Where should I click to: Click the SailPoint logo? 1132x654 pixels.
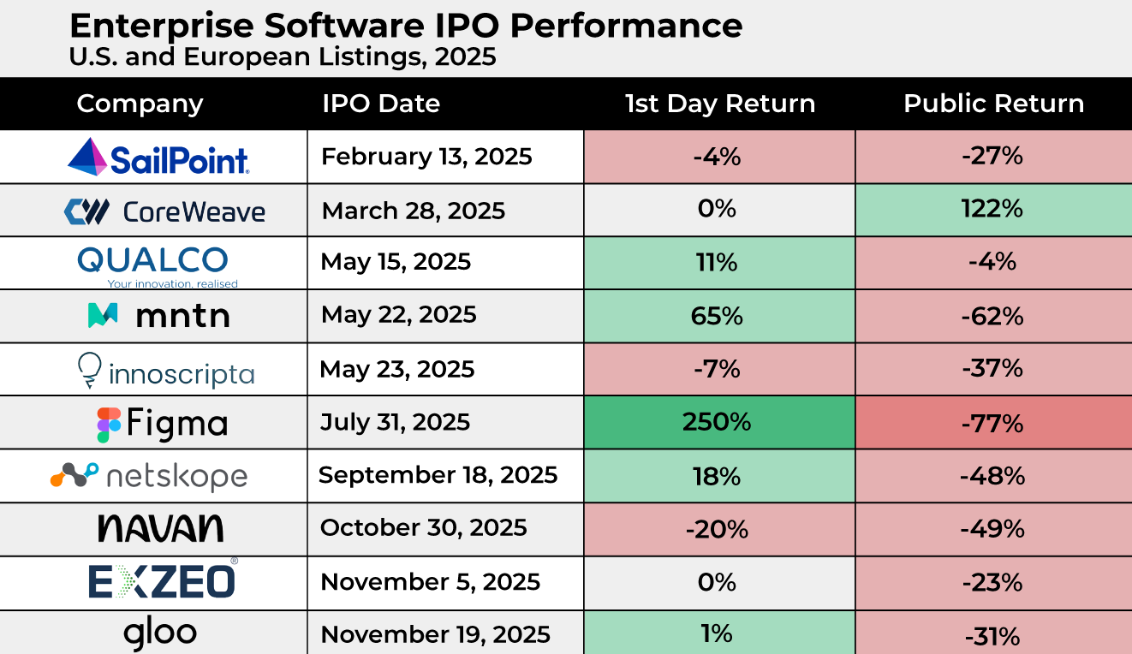(x=158, y=157)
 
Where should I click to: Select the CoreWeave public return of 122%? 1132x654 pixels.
(x=993, y=210)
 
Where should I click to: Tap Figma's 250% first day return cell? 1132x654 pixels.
(x=718, y=422)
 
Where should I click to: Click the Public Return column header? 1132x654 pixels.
(x=993, y=104)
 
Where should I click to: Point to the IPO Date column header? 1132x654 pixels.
(x=381, y=104)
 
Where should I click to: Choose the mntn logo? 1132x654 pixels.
(x=158, y=316)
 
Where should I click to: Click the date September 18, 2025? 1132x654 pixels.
(x=438, y=475)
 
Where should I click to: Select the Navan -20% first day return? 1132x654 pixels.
(x=718, y=529)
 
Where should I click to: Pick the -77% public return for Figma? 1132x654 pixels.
(x=993, y=422)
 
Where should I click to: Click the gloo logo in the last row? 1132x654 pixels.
(x=160, y=633)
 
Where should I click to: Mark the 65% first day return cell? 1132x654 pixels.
(x=718, y=316)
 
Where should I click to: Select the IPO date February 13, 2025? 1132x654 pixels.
(x=426, y=157)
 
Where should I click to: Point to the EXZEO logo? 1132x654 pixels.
(x=162, y=581)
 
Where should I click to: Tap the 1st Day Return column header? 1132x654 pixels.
(x=719, y=104)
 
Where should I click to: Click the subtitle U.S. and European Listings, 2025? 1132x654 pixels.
(x=283, y=58)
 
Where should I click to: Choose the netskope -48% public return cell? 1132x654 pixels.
(x=993, y=475)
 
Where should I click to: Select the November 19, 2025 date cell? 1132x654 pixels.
(x=435, y=634)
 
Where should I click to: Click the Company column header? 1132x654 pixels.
(x=140, y=104)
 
